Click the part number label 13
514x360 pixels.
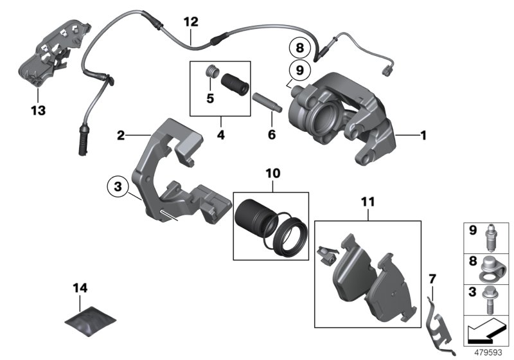click(x=38, y=111)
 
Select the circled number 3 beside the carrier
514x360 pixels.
click(x=116, y=186)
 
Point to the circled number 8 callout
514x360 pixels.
click(x=298, y=47)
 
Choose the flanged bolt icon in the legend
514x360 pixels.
click(x=492, y=296)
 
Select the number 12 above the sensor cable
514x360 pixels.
click(x=191, y=21)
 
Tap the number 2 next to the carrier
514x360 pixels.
click(x=120, y=136)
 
